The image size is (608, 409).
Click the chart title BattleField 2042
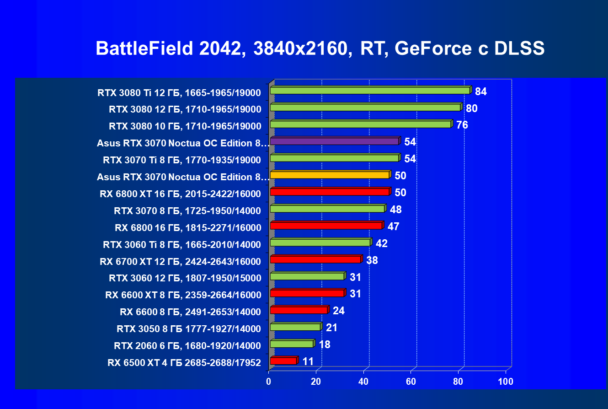click(x=320, y=48)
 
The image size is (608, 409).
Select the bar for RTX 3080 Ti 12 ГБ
click(x=370, y=90)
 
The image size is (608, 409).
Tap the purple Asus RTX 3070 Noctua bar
click(x=335, y=141)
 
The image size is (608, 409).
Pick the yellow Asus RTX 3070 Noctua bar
click(x=330, y=175)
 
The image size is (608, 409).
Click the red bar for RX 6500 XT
click(x=283, y=361)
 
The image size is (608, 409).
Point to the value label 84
click(x=481, y=91)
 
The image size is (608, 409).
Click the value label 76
click(x=462, y=125)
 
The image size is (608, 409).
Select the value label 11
click(x=308, y=361)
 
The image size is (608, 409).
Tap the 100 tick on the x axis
click(x=506, y=382)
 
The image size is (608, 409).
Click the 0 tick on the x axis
click(x=269, y=382)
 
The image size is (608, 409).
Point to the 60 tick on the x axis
click(x=411, y=382)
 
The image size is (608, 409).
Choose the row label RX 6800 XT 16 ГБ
click(x=180, y=194)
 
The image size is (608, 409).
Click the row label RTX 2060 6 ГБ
click(x=187, y=345)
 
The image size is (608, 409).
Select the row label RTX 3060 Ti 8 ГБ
click(x=182, y=245)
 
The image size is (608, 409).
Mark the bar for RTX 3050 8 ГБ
click(x=295, y=327)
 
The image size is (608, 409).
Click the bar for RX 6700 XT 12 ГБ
click(x=315, y=259)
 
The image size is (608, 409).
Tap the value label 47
click(x=393, y=226)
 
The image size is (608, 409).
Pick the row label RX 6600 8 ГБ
click(x=190, y=312)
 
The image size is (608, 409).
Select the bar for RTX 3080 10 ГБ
click(x=361, y=124)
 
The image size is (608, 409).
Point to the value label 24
click(x=339, y=311)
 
